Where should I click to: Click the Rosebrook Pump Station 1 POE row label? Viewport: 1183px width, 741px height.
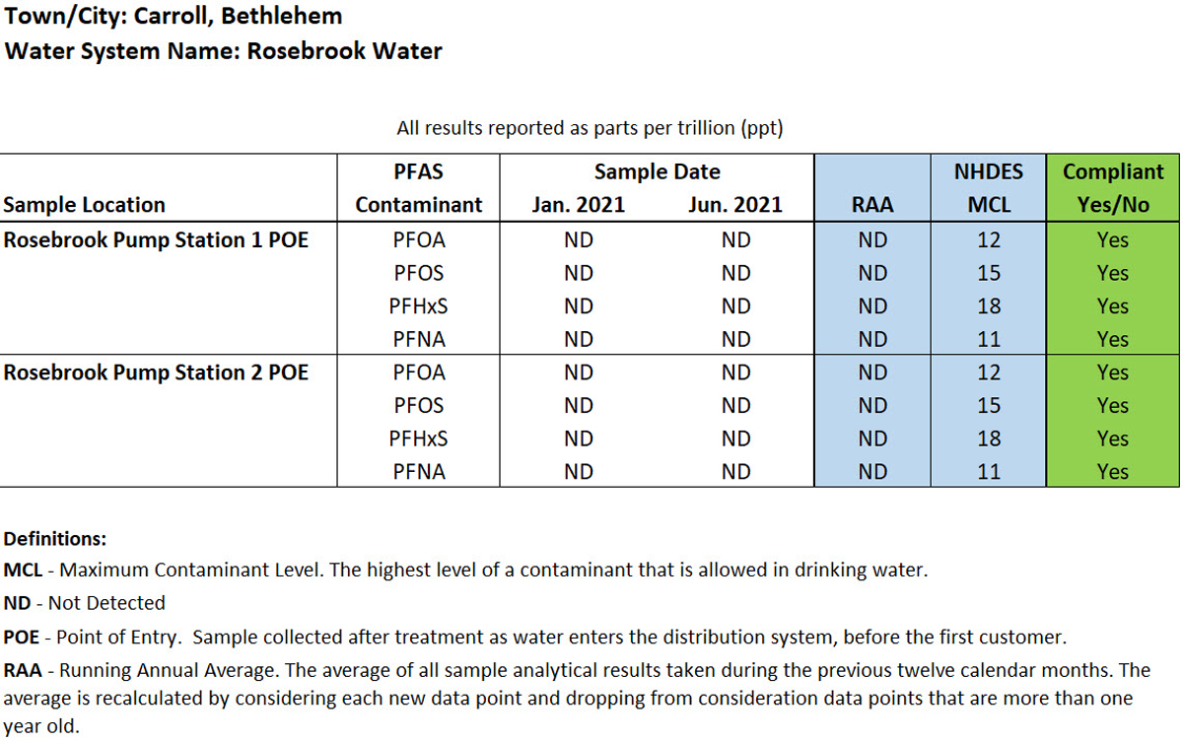[x=156, y=239]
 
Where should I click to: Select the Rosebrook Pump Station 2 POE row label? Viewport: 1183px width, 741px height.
[x=156, y=372]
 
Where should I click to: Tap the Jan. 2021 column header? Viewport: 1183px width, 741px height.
[x=578, y=205]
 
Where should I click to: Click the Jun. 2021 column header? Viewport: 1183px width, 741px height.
[x=735, y=205]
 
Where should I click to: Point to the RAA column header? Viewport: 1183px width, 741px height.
[x=872, y=205]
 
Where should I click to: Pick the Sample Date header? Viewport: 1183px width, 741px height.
[x=657, y=171]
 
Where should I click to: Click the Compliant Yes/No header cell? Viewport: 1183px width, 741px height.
[x=1113, y=188]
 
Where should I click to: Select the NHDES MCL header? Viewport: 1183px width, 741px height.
[x=988, y=188]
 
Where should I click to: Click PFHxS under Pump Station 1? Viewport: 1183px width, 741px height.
[x=418, y=306]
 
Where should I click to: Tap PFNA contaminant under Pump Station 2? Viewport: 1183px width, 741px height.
[x=418, y=472]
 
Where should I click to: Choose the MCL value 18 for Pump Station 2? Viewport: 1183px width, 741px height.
[x=988, y=438]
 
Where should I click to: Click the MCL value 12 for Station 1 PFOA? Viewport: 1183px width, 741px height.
[x=988, y=239]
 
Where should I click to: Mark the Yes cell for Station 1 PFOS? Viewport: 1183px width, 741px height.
[x=1113, y=273]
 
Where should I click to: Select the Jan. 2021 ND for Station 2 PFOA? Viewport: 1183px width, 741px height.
[x=578, y=372]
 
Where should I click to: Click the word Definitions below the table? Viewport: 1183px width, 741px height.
[x=55, y=539]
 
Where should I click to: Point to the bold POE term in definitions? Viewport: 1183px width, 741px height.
[x=22, y=637]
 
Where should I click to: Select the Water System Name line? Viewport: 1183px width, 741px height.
[x=223, y=51]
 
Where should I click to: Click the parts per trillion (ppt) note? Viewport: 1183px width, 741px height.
[x=590, y=128]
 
